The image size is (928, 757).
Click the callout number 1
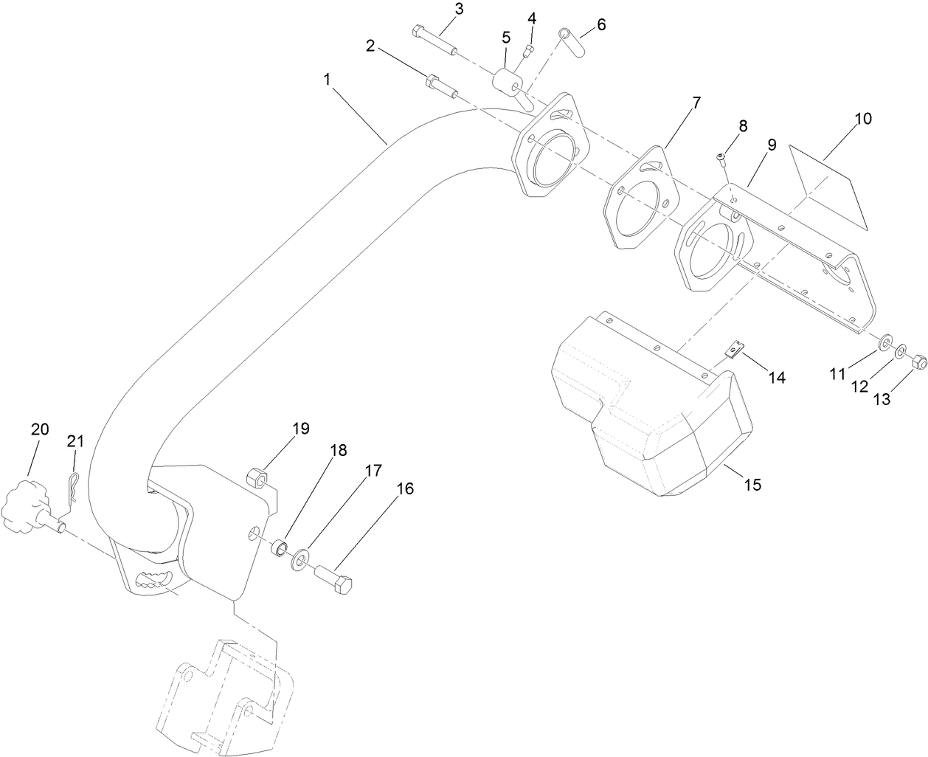tap(327, 79)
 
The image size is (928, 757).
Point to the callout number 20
tap(40, 429)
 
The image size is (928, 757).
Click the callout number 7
tap(696, 104)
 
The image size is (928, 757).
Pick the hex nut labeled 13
tap(919, 363)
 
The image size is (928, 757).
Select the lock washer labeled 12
tap(901, 353)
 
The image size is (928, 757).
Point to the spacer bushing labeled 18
tap(280, 550)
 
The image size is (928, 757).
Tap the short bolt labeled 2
tap(440, 84)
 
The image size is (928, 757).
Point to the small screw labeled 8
tap(721, 156)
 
